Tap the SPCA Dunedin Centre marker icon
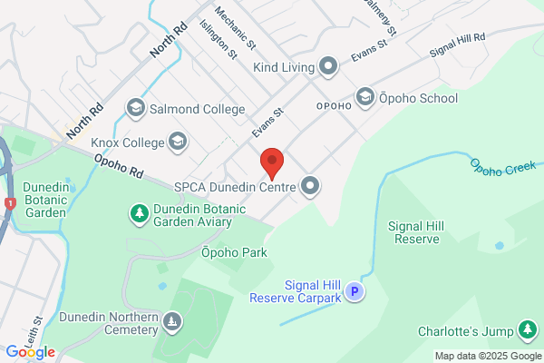pos(311,187)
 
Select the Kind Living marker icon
pos(328,66)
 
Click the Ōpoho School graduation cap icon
pos(364,96)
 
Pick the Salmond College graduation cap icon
pos(136,109)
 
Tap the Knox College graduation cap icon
pos(178,142)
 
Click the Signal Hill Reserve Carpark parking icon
pos(355,291)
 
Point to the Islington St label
pos(219,41)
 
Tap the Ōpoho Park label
pos(234,252)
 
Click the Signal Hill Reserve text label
pos(413,232)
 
